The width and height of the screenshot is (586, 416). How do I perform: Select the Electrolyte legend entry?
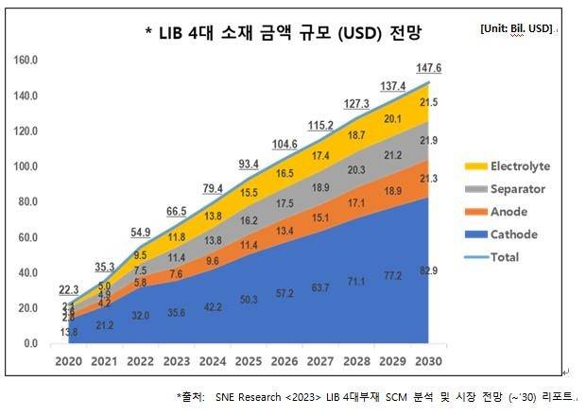point(519,166)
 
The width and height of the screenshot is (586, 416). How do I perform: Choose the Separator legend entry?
point(517,189)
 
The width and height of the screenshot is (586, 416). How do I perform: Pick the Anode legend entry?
point(508,212)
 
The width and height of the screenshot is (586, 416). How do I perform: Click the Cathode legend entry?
point(513,234)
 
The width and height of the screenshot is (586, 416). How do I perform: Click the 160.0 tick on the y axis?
point(24,61)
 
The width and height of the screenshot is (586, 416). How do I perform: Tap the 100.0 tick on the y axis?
point(24,166)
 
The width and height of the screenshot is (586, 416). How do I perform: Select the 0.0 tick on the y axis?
point(27,343)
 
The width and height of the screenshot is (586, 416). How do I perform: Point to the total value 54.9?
point(141,233)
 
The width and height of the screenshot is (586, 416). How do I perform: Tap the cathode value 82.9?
point(429,271)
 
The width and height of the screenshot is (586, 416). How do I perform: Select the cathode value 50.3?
point(250,300)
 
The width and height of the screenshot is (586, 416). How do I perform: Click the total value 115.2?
point(321,125)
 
